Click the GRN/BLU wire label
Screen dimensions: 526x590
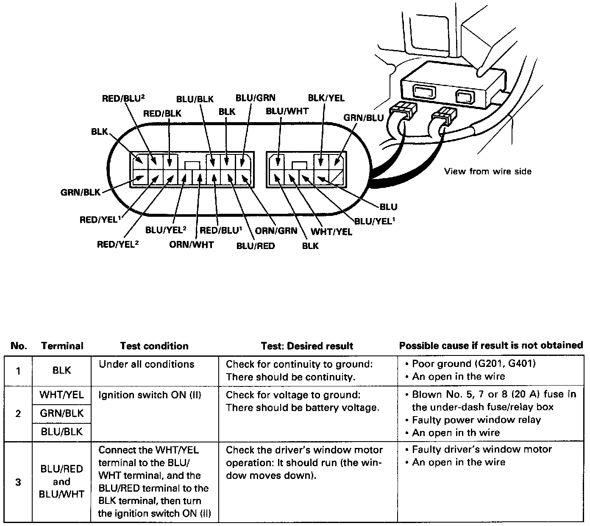click(363, 118)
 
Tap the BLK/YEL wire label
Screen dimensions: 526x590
click(326, 98)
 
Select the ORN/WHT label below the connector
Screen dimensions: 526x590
click(192, 244)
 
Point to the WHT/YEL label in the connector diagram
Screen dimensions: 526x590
click(331, 232)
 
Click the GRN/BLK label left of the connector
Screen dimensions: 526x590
click(81, 192)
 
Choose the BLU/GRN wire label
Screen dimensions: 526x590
click(255, 98)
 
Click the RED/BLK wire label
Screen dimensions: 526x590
click(162, 113)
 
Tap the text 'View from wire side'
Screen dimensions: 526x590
click(487, 171)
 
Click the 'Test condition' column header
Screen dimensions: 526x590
click(154, 346)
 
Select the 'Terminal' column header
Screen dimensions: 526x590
click(62, 346)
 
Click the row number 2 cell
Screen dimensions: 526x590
click(18, 414)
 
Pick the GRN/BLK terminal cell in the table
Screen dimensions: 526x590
click(62, 413)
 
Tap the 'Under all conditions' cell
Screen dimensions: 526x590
click(146, 364)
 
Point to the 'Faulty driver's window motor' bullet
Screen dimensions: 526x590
click(481, 449)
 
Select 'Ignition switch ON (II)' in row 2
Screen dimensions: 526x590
click(150, 395)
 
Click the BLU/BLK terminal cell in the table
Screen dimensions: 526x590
click(62, 432)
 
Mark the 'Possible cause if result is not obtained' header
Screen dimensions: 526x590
click(491, 345)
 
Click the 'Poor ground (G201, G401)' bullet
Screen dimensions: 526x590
click(470, 364)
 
